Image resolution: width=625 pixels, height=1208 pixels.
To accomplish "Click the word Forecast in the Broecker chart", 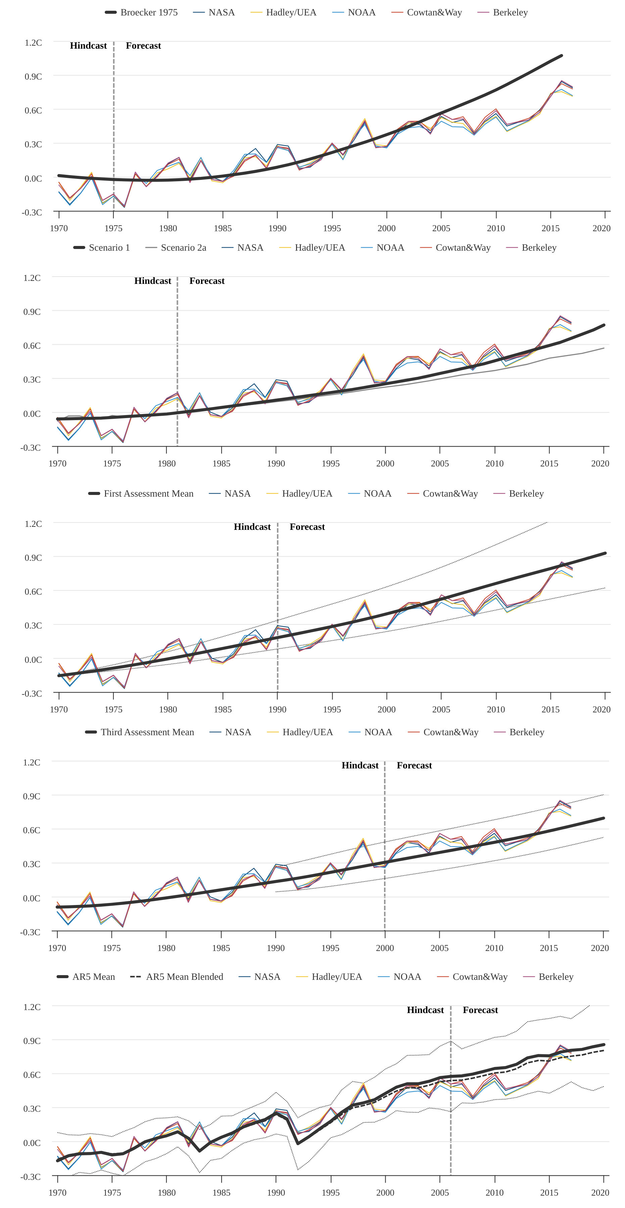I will click(143, 46).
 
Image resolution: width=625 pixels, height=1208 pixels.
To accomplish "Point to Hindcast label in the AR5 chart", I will click(425, 1010).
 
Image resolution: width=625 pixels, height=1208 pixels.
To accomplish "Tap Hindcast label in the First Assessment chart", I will click(252, 526).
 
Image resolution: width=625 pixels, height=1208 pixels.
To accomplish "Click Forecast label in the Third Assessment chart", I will click(414, 765).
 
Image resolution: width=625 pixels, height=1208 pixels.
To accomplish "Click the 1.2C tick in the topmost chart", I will click(33, 43).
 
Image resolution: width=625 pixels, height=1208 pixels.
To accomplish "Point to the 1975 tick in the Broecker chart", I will click(113, 229).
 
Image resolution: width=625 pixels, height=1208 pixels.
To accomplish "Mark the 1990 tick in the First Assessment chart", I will click(277, 709).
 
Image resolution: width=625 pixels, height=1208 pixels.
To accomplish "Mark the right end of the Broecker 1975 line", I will click(561, 56).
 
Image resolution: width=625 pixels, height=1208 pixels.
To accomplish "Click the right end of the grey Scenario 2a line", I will click(604, 348).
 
